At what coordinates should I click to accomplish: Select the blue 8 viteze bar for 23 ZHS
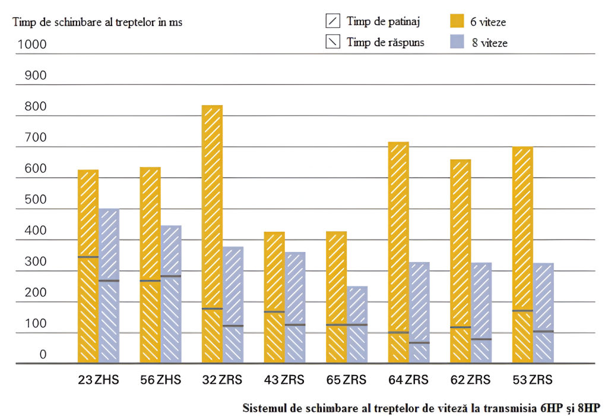(x=109, y=285)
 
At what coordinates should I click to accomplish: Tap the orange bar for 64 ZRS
(x=398, y=252)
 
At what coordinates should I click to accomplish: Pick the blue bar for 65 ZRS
(x=357, y=324)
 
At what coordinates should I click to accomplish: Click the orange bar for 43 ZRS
(x=274, y=297)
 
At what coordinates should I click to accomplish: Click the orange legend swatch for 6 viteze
(x=456, y=21)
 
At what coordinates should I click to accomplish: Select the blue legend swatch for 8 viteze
(x=456, y=42)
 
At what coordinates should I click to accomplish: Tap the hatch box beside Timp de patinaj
(x=333, y=21)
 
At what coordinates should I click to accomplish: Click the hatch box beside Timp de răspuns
(x=333, y=42)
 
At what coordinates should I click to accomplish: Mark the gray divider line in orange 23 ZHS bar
(x=88, y=257)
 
